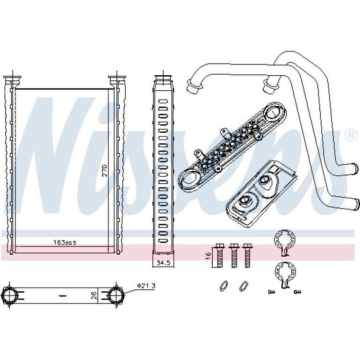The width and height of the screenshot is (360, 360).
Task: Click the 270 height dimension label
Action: pos(105,170)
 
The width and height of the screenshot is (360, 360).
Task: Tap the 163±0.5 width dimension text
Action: pos(65,243)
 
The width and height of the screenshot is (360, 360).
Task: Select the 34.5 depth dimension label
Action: pos(163,263)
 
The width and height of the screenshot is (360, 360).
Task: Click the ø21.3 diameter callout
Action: pos(146,286)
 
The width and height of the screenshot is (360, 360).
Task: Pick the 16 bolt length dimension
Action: pos(208,255)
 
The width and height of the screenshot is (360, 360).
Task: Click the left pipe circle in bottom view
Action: pos(10,295)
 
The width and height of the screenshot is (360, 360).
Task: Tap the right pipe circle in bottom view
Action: pos(116,295)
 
